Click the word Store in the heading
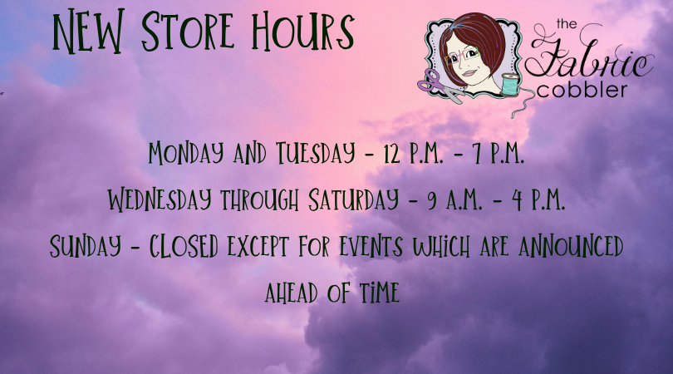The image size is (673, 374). coord(188,31)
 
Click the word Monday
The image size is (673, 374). coord(186,153)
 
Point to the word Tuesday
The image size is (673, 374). coord(316,153)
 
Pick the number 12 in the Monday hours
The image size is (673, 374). coord(392,154)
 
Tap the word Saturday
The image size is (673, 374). coord(353,199)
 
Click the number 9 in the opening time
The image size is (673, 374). coord(432,201)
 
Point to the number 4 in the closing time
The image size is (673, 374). coord(517,200)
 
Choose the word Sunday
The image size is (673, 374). coord(86,247)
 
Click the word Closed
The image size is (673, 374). coord(184,247)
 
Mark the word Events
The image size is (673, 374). coord(371,247)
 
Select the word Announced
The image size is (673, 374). coord(571,246)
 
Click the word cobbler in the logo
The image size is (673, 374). coord(582,90)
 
